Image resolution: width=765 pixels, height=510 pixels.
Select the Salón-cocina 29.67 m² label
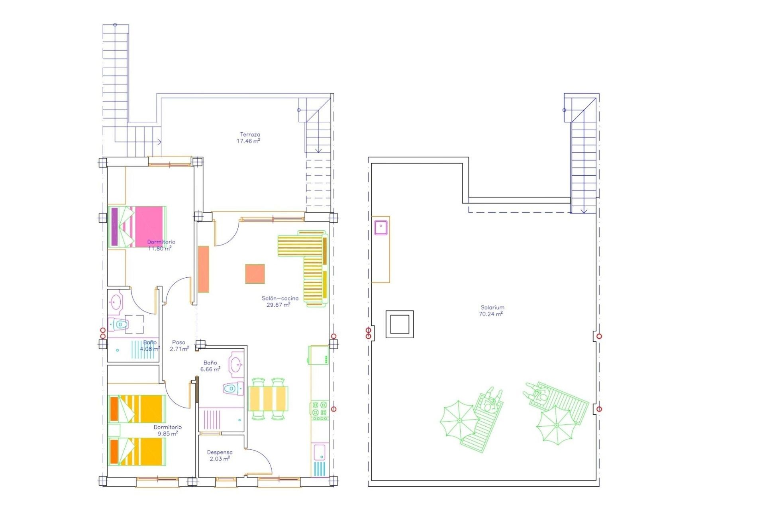279,302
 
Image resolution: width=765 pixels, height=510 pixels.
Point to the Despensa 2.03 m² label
220,455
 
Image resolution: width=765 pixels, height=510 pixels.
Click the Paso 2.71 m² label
179,345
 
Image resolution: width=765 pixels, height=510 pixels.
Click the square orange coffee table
255,274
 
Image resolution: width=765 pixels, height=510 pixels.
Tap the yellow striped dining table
268,398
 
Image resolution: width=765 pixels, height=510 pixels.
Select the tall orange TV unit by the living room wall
204,269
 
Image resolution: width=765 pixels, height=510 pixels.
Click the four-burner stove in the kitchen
320,411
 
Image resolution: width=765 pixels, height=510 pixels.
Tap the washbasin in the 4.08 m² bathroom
116,302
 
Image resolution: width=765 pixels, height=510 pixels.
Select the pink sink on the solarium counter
381,227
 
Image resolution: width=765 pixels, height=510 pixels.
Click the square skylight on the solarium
400,324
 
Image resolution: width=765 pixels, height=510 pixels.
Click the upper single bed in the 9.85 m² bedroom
137,409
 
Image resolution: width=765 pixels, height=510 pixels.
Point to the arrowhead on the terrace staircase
318,151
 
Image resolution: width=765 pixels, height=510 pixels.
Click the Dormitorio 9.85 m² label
167,430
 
